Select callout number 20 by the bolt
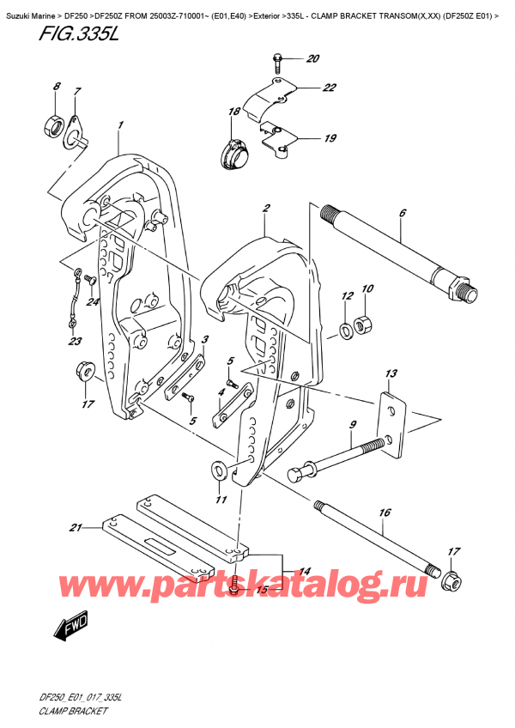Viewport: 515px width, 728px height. click(x=312, y=59)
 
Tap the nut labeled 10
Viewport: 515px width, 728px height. click(x=362, y=324)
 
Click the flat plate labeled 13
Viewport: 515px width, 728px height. click(x=391, y=426)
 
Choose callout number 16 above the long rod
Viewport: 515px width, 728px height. click(x=385, y=513)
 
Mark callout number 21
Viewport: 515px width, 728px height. click(x=75, y=527)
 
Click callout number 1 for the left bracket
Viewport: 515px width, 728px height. click(x=121, y=125)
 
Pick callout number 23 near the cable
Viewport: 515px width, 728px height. click(x=75, y=342)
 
